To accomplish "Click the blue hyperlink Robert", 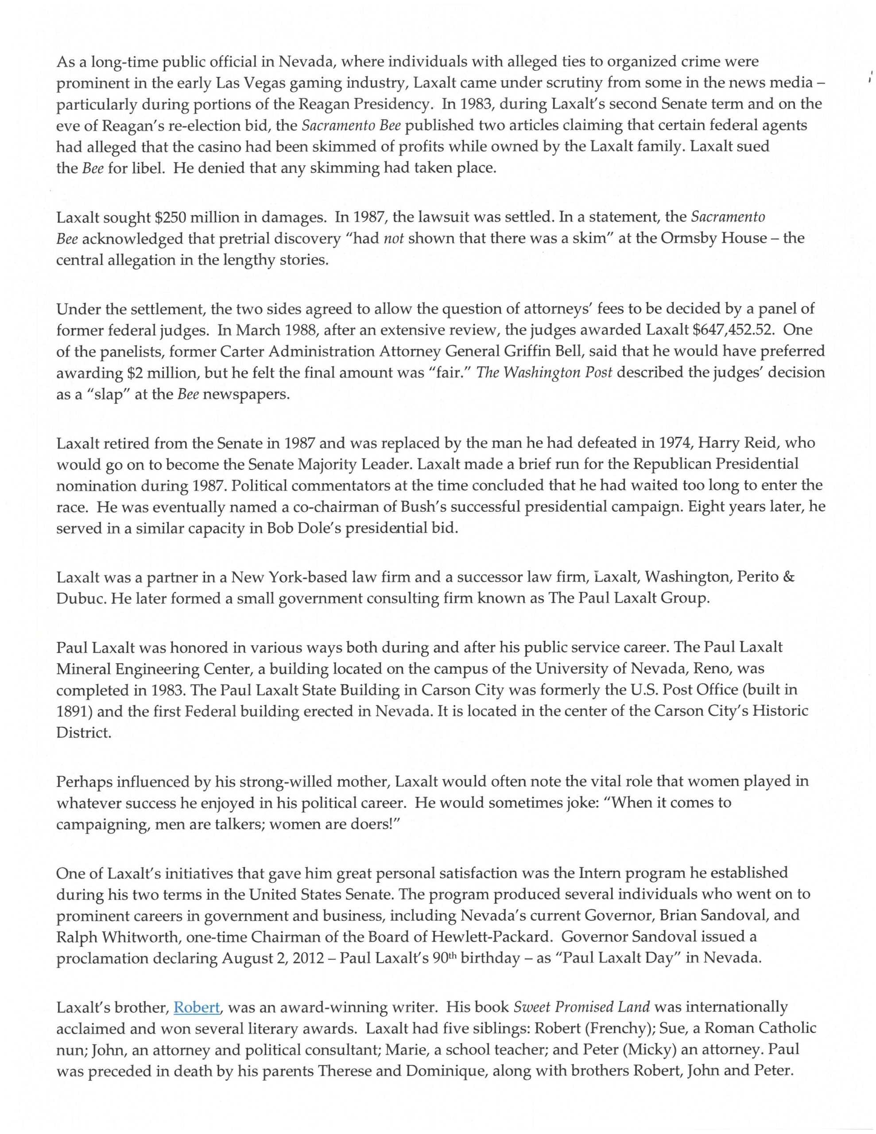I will click(x=197, y=1007).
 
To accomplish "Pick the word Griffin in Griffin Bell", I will click(x=633, y=351).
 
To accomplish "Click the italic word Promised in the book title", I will click(x=585, y=1007).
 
